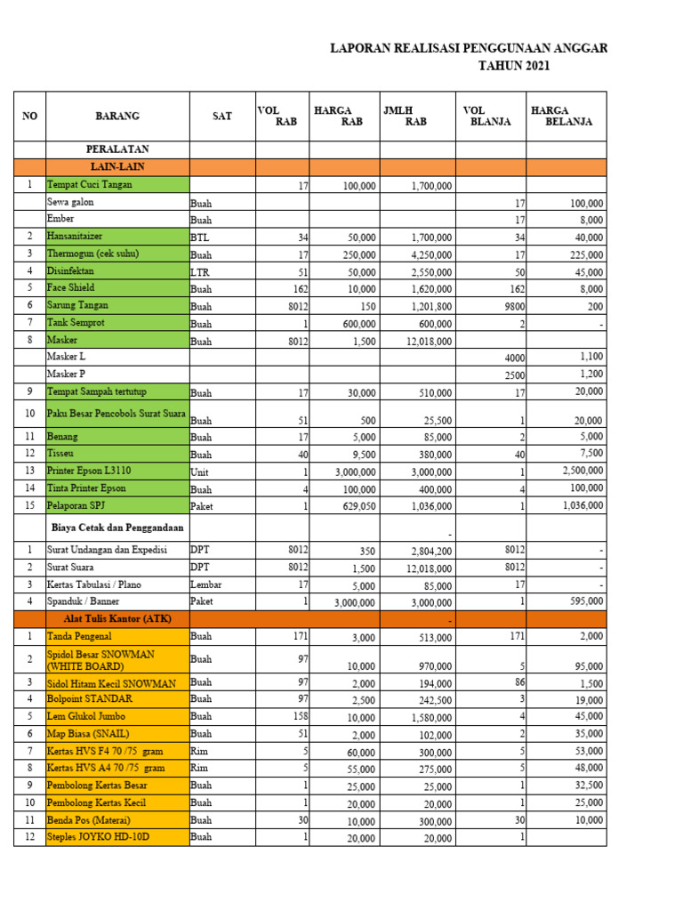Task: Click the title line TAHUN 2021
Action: pos(514,66)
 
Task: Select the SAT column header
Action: pos(222,116)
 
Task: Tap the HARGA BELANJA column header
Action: pos(562,116)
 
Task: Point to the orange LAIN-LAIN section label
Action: pos(117,166)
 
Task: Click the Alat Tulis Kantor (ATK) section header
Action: pos(117,618)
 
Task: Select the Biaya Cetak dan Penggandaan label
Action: pos(117,528)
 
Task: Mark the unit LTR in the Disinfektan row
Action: pos(200,271)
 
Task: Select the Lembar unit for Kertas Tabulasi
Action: pos(207,584)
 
